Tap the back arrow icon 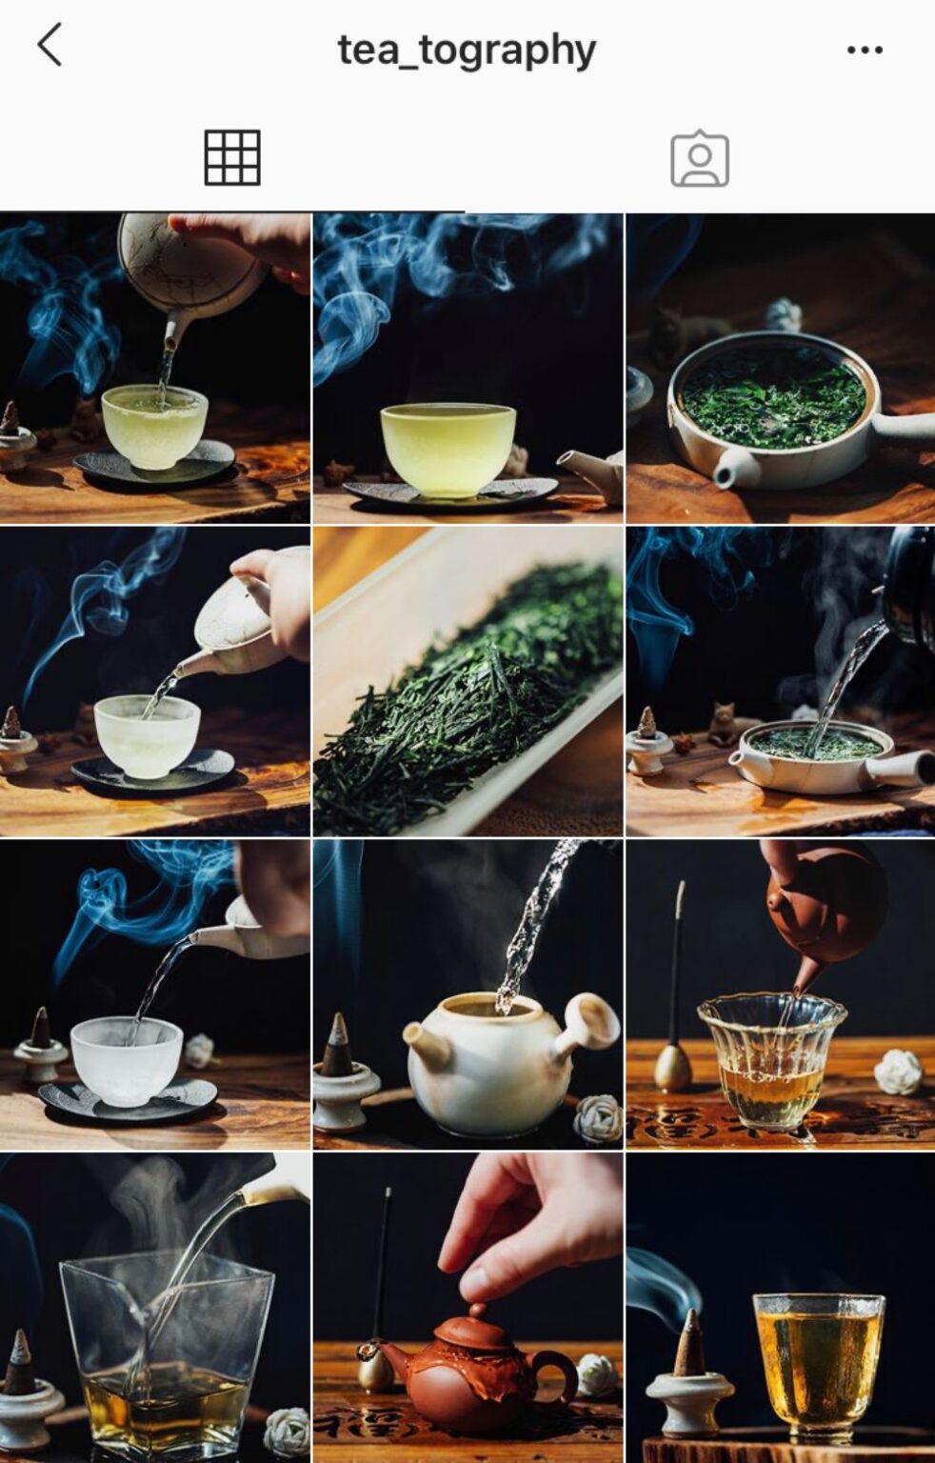click(50, 45)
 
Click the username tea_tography click(467, 50)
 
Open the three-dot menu click(864, 50)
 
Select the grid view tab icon click(232, 157)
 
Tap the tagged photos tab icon click(700, 159)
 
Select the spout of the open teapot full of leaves click(735, 468)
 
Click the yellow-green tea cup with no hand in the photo click(448, 448)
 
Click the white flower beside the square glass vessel click(287, 1429)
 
